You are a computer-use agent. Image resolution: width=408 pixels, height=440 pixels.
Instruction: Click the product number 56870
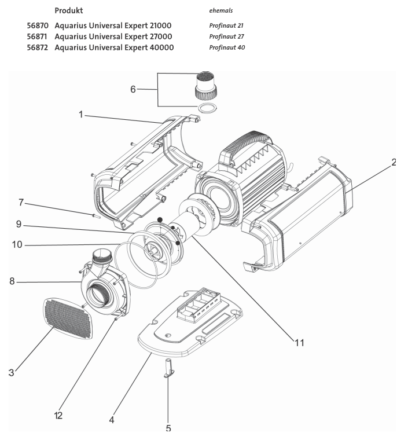pyautogui.click(x=37, y=26)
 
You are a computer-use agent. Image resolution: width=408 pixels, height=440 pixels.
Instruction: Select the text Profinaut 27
pyautogui.click(x=226, y=36)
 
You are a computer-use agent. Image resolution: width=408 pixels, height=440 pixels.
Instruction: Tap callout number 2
pyautogui.click(x=394, y=162)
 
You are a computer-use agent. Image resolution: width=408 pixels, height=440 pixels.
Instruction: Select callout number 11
pyautogui.click(x=298, y=342)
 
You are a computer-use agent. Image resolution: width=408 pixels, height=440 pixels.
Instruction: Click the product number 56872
pyautogui.click(x=37, y=47)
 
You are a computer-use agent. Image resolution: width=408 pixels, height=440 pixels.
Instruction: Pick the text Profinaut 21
pyautogui.click(x=226, y=26)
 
